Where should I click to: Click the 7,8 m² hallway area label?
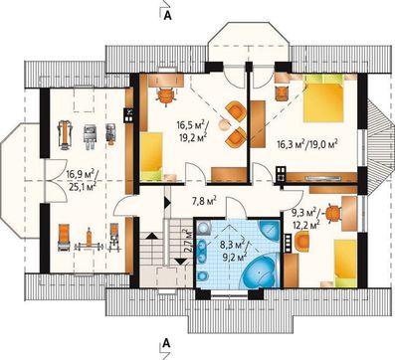coord(204,200)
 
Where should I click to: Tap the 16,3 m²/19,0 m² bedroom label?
coord(307,144)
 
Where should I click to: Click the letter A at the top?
coord(168,16)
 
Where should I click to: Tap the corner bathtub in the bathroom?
coord(260,270)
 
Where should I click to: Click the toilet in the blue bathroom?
coord(203,275)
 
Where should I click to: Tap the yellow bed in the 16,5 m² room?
coord(151,156)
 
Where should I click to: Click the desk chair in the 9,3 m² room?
coord(333,212)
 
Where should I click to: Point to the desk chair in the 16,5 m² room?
coord(166,95)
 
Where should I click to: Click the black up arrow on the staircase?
coord(151,236)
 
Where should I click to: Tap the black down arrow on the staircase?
coord(181,262)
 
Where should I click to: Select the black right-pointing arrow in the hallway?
coord(167,203)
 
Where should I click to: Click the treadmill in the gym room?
coord(65,134)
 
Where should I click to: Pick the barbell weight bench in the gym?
coord(89,242)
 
